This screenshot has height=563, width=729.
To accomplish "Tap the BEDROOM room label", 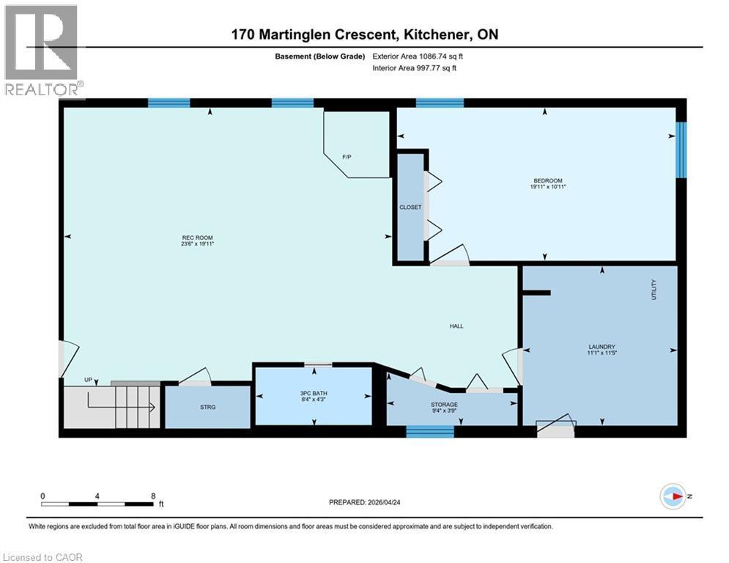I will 547,180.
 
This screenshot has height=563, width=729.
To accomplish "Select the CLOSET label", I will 410,207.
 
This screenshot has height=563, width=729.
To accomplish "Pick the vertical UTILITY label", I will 654,287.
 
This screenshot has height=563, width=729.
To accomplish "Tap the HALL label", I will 456,326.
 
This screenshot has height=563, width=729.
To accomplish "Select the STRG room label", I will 208,406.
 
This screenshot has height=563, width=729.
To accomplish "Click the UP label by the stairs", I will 88,380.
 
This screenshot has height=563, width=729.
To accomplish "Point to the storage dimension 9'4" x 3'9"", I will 444,411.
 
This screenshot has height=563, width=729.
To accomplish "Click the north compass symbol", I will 673,496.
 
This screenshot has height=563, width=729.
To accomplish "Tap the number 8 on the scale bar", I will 152,496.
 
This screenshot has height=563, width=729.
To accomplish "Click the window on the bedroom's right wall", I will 681,150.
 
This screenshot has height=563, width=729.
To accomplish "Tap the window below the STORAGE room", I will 429,432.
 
